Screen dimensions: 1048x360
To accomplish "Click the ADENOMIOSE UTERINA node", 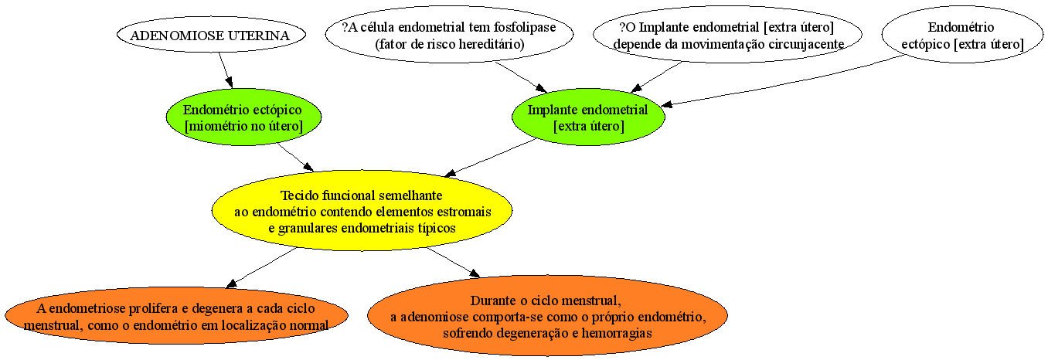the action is point(211,35).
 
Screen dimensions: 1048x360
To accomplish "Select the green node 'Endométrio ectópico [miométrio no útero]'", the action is point(243,117).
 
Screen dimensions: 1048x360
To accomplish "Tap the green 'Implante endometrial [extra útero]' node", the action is point(588,117).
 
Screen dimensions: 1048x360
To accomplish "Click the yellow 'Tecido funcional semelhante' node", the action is point(362,211).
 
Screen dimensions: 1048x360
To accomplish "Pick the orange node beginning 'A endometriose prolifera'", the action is point(176,316).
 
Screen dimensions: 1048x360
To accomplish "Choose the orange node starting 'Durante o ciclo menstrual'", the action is point(547,316).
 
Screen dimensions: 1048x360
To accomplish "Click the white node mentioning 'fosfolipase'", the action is point(449,35).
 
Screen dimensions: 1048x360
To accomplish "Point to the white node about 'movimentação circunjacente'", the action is point(727,35).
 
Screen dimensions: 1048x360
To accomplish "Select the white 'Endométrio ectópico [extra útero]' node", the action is point(962,35).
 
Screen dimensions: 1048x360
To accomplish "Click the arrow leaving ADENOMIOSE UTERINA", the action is point(226,70).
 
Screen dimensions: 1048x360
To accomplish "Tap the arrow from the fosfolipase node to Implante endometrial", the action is point(521,77).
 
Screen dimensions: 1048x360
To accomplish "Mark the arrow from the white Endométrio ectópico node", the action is point(782,81).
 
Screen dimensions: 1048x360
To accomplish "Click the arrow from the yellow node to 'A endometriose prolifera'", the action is point(261,267).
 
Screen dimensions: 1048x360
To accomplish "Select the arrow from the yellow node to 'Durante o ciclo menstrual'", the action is point(453,263).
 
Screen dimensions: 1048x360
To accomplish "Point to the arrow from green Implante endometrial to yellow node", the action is point(490,158).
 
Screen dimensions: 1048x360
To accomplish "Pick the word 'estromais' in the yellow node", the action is point(464,212).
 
